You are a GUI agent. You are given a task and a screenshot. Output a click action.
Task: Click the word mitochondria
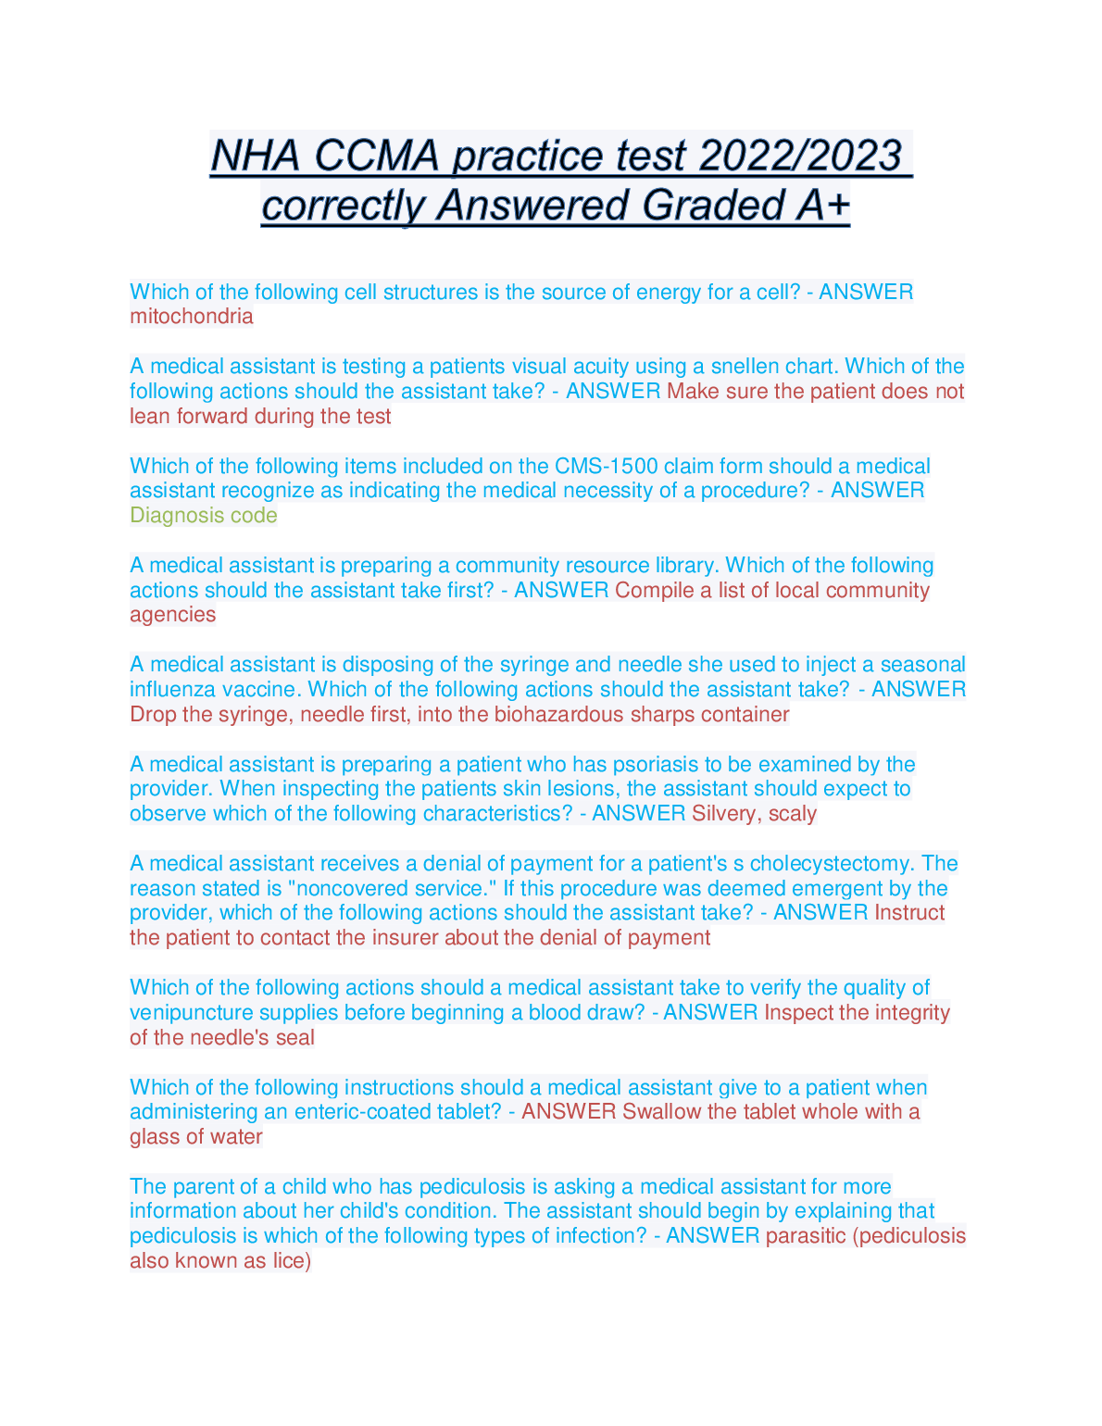click(191, 317)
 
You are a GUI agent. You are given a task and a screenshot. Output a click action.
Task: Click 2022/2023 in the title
click(800, 156)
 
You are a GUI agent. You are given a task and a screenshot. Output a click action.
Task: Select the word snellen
click(746, 367)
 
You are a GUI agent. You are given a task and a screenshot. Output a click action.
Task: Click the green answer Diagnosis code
click(203, 516)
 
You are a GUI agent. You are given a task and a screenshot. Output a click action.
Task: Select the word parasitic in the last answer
click(806, 1236)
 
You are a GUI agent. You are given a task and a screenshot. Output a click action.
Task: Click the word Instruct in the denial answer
click(909, 913)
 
